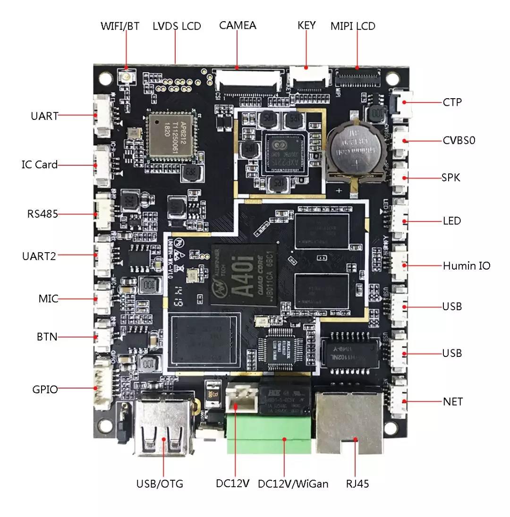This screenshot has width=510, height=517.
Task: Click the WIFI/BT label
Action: (x=120, y=25)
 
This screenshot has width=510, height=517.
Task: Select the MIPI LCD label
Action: (x=353, y=26)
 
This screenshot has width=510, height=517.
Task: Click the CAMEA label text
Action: (x=238, y=25)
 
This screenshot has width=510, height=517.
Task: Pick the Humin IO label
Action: (x=466, y=266)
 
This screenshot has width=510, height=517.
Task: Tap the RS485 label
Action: (x=42, y=214)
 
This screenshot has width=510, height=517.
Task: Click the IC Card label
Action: (x=40, y=165)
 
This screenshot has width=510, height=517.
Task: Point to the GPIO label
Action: (x=45, y=390)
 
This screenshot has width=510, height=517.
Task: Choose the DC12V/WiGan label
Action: (x=293, y=483)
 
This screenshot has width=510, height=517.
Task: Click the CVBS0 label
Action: (x=459, y=140)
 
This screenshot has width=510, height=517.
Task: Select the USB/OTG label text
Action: (x=159, y=483)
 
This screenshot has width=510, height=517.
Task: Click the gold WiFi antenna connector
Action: (x=127, y=76)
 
